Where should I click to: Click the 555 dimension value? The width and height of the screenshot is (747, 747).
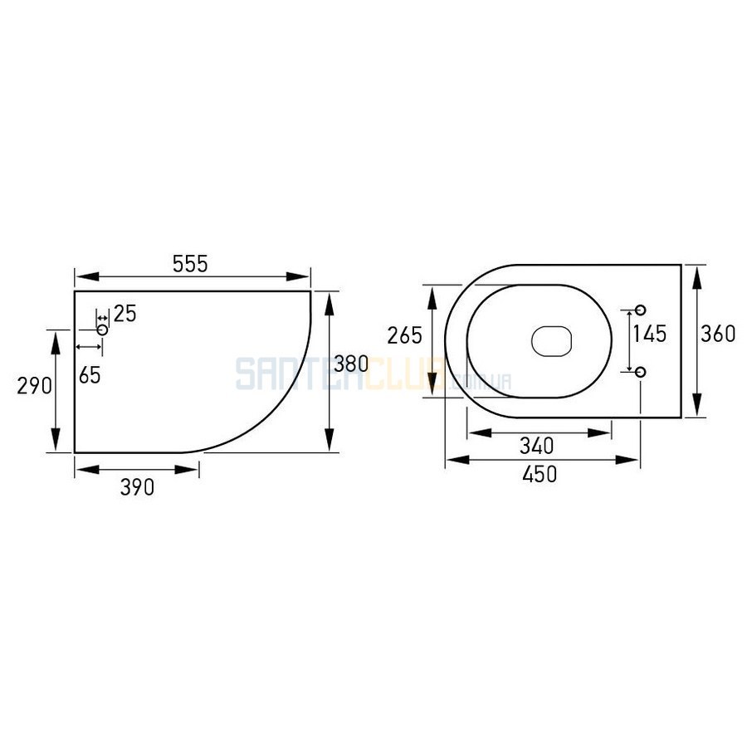click(x=190, y=264)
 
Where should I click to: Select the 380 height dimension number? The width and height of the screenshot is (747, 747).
click(x=351, y=364)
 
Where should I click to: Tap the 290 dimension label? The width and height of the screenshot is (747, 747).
click(x=34, y=385)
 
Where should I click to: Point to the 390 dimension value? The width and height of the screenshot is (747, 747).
click(x=137, y=487)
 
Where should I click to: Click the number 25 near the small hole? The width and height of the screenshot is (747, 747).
click(x=124, y=314)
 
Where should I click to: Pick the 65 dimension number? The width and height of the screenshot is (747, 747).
click(x=90, y=375)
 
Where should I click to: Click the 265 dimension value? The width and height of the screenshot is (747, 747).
click(x=404, y=335)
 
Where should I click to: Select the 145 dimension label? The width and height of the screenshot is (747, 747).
click(x=649, y=334)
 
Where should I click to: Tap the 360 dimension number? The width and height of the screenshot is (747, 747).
click(x=718, y=334)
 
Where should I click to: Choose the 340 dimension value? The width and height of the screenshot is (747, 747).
click(x=536, y=446)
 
